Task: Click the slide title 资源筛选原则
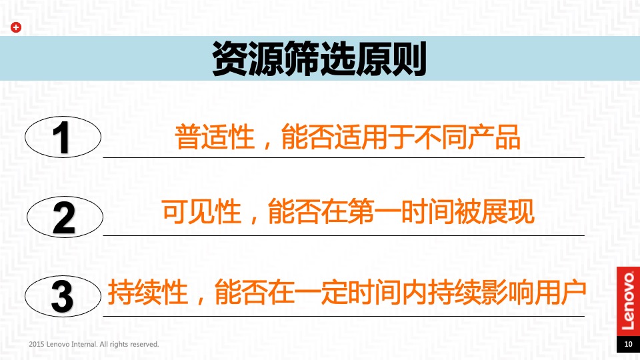click(x=319, y=59)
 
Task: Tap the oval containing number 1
click(x=63, y=139)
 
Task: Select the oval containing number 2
click(x=64, y=217)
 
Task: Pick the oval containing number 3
click(x=63, y=296)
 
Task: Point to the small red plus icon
click(x=17, y=27)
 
